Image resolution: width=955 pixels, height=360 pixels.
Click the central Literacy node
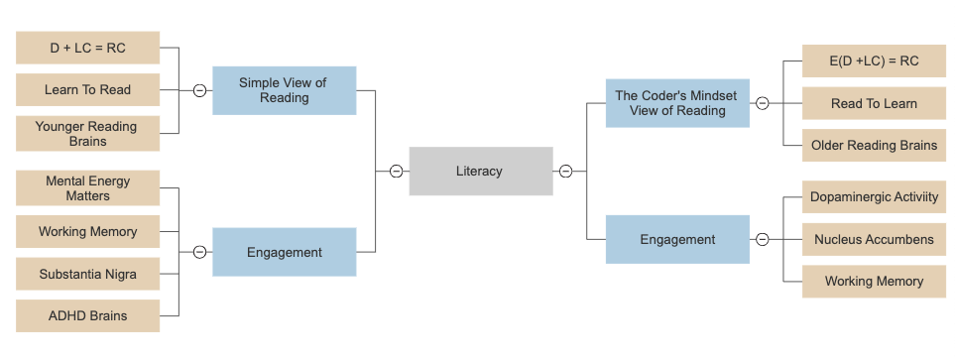[481, 171]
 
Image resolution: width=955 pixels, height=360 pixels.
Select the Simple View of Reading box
[284, 90]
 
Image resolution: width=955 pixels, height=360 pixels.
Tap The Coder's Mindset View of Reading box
[677, 103]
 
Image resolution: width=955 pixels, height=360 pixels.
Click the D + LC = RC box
[87, 48]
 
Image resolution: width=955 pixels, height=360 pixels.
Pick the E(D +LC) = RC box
[874, 61]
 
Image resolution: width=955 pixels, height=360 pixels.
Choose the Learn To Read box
[87, 89]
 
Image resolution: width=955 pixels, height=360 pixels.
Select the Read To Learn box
[874, 103]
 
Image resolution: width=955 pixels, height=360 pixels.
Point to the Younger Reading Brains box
[87, 133]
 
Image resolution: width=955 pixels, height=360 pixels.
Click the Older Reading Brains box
[874, 145]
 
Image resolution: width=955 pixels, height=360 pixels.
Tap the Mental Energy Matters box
[87, 188]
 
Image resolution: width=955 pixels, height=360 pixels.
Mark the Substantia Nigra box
[87, 274]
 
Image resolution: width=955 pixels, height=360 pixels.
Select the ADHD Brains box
[87, 315]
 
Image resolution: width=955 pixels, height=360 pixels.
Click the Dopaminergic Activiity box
[874, 197]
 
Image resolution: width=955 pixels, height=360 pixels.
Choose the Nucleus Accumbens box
[874, 239]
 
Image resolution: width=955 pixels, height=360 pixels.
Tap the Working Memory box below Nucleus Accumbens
[874, 281]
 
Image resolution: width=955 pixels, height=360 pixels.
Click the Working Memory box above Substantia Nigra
[87, 231]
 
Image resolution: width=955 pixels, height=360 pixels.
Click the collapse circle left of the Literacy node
[396, 171]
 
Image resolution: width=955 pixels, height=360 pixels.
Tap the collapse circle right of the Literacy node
[565, 171]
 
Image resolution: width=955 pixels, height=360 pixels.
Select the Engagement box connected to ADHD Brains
[284, 252]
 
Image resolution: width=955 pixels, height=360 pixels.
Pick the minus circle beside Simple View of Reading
[199, 90]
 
